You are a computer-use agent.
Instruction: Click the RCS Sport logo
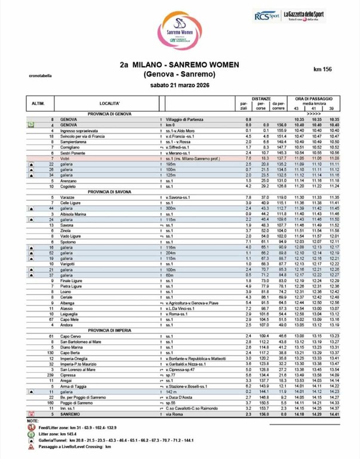pos(266,16)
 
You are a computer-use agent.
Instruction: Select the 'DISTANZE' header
pos(261,97)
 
